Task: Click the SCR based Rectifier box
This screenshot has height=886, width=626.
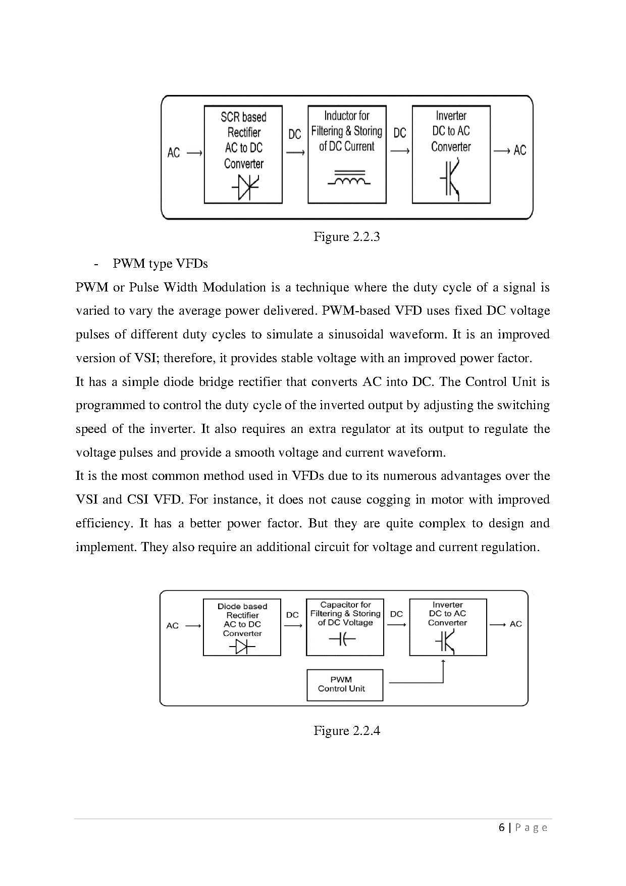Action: (x=243, y=154)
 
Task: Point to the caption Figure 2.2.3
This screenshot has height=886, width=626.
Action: (x=346, y=237)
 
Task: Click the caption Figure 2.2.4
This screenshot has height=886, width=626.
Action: (x=346, y=730)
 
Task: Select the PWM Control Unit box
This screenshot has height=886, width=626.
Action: (x=345, y=684)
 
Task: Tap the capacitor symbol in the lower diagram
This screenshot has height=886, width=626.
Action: (x=342, y=640)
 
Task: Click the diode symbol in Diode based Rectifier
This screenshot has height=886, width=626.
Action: (x=242, y=646)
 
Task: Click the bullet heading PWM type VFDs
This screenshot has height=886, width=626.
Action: (x=160, y=264)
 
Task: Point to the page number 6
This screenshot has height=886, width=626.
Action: (x=501, y=827)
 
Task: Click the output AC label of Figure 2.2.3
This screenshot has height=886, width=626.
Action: (x=519, y=150)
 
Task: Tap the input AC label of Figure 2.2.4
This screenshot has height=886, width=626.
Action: (x=172, y=625)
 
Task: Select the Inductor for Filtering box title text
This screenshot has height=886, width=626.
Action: (x=347, y=131)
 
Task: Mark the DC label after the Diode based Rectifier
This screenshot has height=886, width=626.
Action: (x=292, y=615)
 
